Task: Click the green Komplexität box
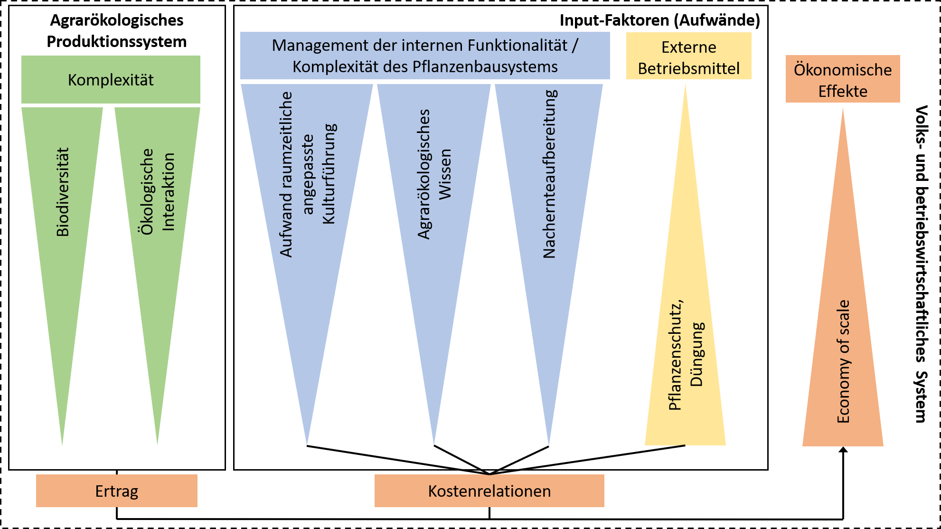tap(111, 79)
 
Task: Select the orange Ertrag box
tap(117, 491)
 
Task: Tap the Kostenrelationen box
tap(489, 491)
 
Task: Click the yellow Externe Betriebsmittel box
tap(688, 57)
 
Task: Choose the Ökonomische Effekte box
tap(843, 79)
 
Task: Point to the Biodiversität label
tap(63, 192)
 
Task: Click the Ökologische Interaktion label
tap(158, 192)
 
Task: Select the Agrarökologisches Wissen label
tap(434, 174)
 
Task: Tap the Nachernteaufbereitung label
tap(549, 174)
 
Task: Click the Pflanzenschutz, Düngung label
tap(686, 355)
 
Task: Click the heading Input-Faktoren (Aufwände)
tap(659, 20)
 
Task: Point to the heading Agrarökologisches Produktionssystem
tap(117, 31)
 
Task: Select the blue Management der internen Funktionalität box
tap(425, 56)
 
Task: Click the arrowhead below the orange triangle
tap(843, 450)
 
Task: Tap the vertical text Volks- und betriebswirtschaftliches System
tap(921, 264)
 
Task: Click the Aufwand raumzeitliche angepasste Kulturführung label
tap(307, 174)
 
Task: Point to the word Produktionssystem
tap(117, 42)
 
